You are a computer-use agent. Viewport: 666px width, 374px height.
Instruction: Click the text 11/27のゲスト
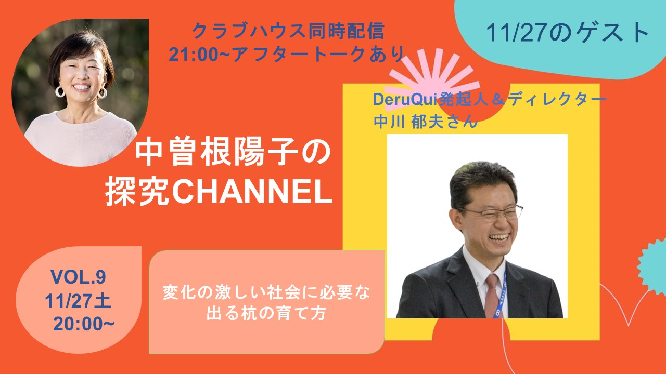568,34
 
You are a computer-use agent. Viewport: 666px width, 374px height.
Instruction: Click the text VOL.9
78,278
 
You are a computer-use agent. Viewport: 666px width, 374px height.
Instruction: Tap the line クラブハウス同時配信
288,32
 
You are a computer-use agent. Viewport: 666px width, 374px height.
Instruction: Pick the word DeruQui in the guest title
403,99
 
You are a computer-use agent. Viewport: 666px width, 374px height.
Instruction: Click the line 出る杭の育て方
266,314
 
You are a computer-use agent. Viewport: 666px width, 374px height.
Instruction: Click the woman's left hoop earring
60,92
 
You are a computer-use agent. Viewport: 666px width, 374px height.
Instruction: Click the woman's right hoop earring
102,93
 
